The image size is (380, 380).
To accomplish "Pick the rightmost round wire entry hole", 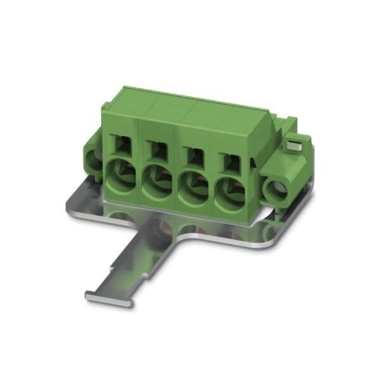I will [x=229, y=196].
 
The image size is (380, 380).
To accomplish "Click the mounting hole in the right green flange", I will [x=276, y=189].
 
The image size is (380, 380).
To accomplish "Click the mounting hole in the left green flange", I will [x=95, y=160].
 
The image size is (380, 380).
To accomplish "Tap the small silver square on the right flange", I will [x=292, y=146].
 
